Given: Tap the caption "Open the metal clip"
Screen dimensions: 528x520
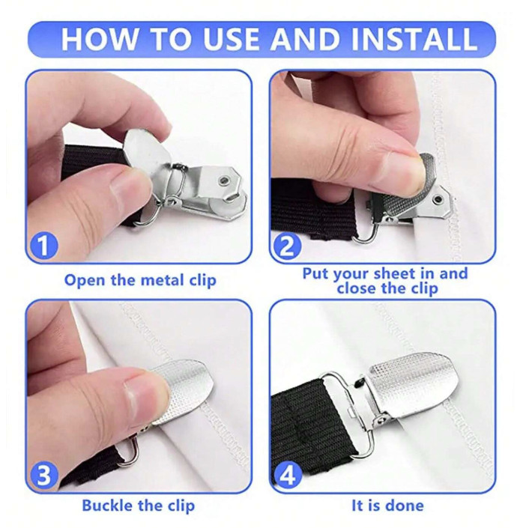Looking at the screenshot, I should [140, 281].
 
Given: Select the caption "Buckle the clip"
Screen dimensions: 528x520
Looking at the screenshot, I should [139, 506].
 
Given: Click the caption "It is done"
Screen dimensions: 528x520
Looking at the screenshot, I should [387, 506].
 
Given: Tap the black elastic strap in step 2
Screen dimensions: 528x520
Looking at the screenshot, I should [300, 206].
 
